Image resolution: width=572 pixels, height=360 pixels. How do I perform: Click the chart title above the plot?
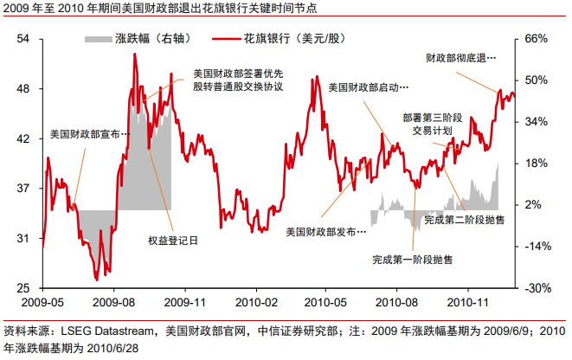[160, 10]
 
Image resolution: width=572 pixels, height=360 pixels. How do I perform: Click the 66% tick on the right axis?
[537, 39]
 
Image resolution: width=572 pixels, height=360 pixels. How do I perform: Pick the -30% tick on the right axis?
[537, 288]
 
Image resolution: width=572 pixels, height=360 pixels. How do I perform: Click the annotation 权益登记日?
[172, 241]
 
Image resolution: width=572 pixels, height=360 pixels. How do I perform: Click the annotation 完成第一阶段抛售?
[412, 259]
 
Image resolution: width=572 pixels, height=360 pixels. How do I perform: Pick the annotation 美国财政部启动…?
[370, 87]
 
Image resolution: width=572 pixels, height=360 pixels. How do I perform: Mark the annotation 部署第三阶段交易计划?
[432, 124]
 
